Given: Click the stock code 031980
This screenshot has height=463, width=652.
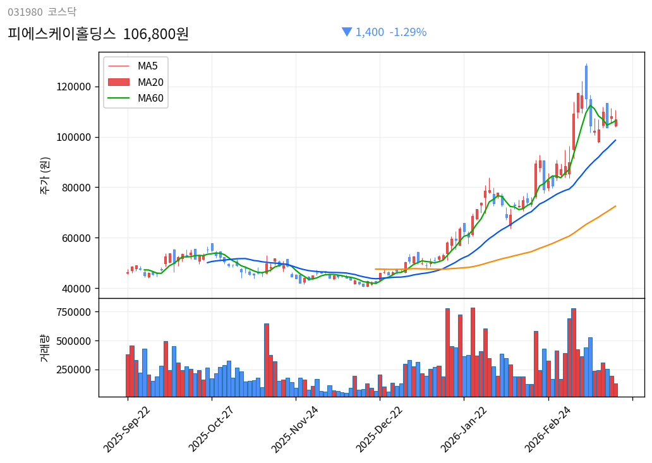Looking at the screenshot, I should point(25,12).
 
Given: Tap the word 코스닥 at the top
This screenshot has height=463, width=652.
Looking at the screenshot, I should point(62,12).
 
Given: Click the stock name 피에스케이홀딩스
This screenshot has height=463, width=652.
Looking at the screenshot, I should point(62,33).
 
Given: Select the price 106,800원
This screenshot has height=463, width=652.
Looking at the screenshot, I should point(155,33).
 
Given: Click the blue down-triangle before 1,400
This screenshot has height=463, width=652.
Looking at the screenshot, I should point(347,32).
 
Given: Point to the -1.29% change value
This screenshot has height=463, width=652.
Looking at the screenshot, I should point(407,32).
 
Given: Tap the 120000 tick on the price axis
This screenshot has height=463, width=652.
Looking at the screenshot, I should point(75,87).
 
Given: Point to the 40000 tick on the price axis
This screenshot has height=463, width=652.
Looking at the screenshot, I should point(77,289).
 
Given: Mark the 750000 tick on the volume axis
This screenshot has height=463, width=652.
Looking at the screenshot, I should point(75,312).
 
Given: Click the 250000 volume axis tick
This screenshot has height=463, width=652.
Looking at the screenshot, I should point(75,370).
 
